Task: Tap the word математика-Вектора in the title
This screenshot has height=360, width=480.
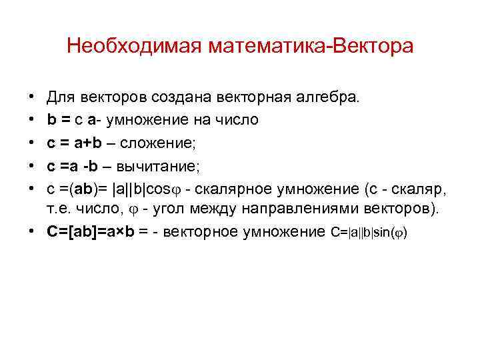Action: (x=310, y=46)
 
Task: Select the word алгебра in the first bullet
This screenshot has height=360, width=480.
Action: (x=330, y=98)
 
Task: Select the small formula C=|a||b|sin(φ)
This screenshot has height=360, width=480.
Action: (x=369, y=232)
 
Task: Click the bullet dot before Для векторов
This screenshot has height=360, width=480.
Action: (x=32, y=98)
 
